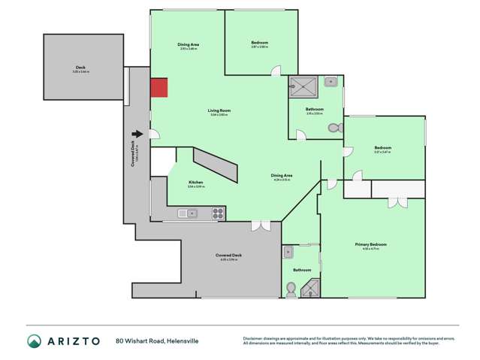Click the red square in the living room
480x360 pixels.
[158, 88]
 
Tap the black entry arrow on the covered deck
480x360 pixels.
[137, 134]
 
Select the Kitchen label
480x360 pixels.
[196, 183]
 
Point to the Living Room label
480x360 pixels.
[219, 110]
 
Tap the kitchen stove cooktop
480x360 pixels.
[217, 213]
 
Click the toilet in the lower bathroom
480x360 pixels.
[291, 287]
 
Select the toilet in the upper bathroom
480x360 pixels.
[336, 129]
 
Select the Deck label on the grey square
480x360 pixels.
[80, 68]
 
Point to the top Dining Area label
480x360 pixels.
[188, 45]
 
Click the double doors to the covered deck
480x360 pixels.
[261, 225]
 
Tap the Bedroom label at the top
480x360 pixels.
[260, 42]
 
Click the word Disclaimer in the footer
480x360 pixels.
[254, 337]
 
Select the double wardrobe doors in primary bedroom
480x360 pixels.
[397, 202]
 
